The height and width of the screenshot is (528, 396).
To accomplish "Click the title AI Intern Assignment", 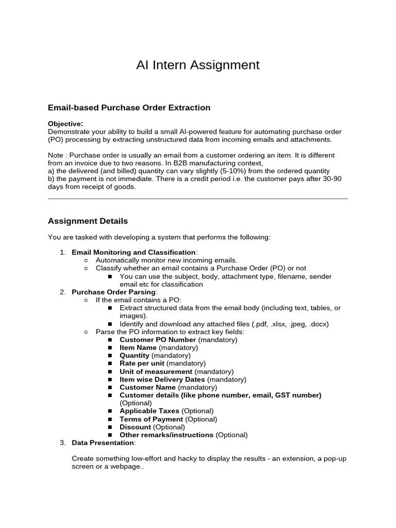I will click(197, 65).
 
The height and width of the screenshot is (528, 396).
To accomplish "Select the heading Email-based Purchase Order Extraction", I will click(129, 108).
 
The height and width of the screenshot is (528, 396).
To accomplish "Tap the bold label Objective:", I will click(65, 124).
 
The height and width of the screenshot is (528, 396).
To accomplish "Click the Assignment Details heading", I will click(88, 221).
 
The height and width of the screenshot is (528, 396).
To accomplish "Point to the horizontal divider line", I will click(197, 199).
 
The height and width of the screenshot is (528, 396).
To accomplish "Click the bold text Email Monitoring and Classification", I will click(134, 252).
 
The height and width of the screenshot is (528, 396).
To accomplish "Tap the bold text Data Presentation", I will click(103, 443).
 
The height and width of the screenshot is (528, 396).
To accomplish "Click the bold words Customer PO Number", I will click(158, 340).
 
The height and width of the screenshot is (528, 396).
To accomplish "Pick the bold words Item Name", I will click(138, 348).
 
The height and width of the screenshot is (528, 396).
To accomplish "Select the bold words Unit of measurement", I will click(156, 372).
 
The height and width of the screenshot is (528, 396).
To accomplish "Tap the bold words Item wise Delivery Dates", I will click(162, 379).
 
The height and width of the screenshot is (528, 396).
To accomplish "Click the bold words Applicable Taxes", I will click(150, 411).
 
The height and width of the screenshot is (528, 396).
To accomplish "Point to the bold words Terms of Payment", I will click(151, 419).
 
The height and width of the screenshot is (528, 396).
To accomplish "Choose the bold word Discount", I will click(135, 427).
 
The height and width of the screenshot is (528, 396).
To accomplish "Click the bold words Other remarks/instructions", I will click(167, 435).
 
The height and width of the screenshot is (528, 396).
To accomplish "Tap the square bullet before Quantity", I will click(110, 356).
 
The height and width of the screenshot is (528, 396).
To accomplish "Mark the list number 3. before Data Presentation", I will click(62, 443).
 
